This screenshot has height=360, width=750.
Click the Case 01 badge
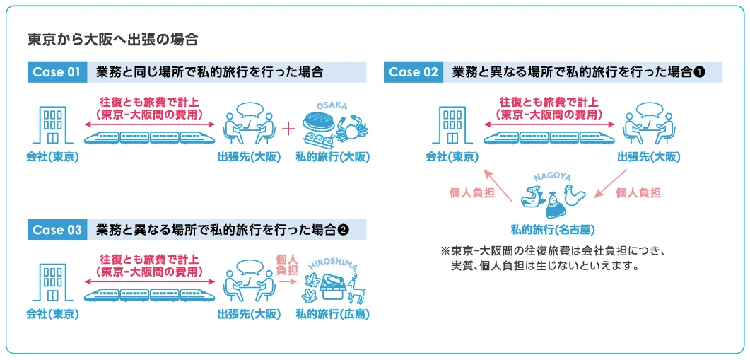[56, 72]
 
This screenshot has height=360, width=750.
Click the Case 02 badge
[414, 72]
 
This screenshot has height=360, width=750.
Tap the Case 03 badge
[57, 230]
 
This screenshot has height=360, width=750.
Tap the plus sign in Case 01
[288, 129]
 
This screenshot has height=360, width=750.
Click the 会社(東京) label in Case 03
[52, 314]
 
